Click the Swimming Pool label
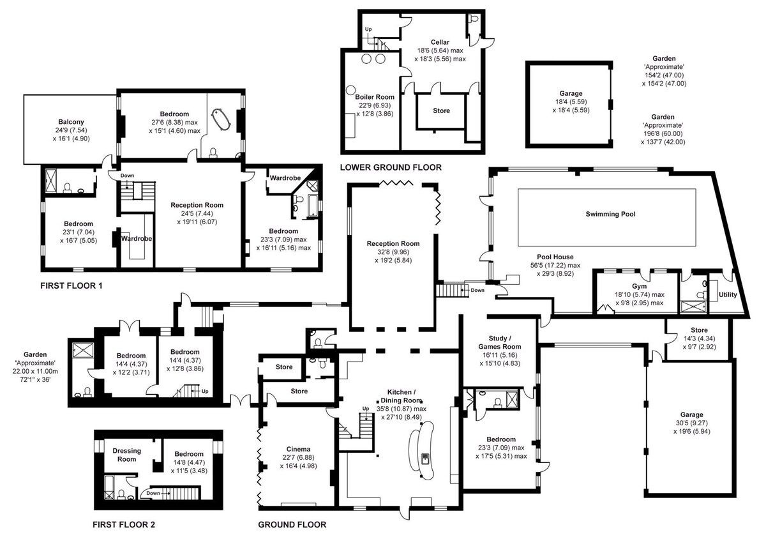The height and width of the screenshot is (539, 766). (x=610, y=214)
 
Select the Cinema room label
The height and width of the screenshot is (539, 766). (x=298, y=449)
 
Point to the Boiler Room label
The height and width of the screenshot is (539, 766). (x=375, y=97)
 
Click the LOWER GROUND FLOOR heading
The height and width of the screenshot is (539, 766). (x=391, y=167)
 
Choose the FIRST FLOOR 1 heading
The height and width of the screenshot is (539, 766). (x=71, y=285)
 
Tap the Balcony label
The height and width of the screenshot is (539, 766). (x=71, y=122)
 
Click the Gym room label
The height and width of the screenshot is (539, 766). (x=639, y=287)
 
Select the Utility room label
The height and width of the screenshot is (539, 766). (x=728, y=294)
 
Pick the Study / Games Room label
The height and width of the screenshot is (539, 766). (x=500, y=342)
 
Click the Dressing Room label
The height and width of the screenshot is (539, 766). (x=126, y=455)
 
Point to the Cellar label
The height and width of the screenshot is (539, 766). (x=440, y=42)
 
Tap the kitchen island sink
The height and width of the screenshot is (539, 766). (x=425, y=457)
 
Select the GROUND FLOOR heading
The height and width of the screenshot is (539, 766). (x=292, y=524)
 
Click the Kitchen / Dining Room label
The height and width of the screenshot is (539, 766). (x=401, y=396)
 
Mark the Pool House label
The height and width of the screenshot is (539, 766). (x=555, y=257)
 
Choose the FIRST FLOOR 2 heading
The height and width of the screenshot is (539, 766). (x=123, y=524)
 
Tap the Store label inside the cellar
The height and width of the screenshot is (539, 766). (x=441, y=111)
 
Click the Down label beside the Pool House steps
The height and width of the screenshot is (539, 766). (x=477, y=290)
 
